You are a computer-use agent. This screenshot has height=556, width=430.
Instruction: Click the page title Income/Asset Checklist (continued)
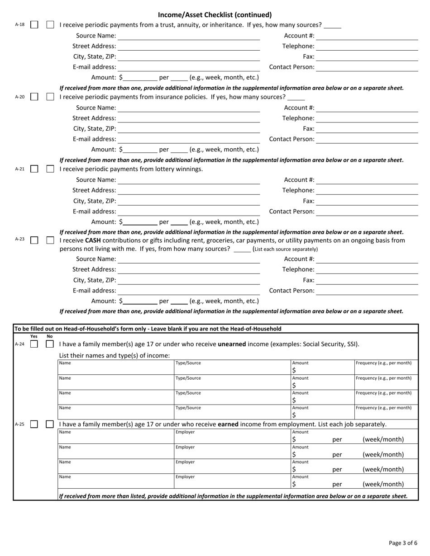click(x=215, y=14)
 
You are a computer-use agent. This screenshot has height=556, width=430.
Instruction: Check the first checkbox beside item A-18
click(x=34, y=25)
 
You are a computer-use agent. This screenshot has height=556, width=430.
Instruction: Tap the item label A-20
click(x=20, y=97)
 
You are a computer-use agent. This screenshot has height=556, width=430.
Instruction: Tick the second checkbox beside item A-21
click(x=50, y=169)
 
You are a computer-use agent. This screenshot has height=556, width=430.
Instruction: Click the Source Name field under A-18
click(x=189, y=36)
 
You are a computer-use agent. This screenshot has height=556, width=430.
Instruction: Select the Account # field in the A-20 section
click(x=367, y=108)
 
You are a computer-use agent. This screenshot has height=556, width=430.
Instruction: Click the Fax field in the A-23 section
click(x=367, y=280)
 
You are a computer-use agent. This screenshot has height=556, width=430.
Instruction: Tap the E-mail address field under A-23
click(x=189, y=291)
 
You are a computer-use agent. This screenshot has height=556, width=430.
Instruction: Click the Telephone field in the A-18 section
click(x=367, y=46)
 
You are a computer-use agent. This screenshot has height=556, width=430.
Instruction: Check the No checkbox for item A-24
click(x=50, y=344)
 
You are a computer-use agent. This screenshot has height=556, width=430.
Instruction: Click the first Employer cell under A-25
click(x=232, y=437)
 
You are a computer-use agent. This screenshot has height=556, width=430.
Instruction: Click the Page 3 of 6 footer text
click(x=403, y=543)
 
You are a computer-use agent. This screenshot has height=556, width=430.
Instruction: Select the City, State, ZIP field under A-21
click(x=189, y=201)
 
